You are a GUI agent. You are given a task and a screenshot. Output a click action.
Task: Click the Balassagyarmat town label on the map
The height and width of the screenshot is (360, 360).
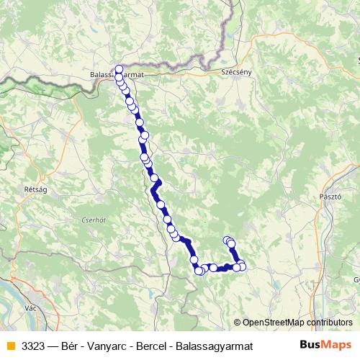coord(118,73)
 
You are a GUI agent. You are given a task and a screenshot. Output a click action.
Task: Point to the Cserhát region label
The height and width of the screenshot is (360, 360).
coord(94,220)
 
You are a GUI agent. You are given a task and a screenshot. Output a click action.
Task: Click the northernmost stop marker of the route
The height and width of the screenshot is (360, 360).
coord(119,69)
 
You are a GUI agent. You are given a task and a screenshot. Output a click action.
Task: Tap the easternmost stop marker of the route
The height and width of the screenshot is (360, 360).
coord(242,267)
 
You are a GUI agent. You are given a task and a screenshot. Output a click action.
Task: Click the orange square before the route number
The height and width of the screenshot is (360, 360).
coord(10,344)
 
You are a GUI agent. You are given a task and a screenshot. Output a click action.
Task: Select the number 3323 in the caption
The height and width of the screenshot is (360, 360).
coord(32,344)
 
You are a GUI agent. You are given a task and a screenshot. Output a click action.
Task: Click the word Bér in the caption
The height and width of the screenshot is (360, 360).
coord(71,344)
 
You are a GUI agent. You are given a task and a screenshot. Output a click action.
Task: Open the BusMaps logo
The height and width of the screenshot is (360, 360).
coord(325,344)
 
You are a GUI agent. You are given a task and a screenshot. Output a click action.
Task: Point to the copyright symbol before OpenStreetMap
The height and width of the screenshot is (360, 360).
coord(237,323)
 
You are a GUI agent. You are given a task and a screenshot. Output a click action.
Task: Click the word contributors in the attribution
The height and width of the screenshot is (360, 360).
coord(328,323)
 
